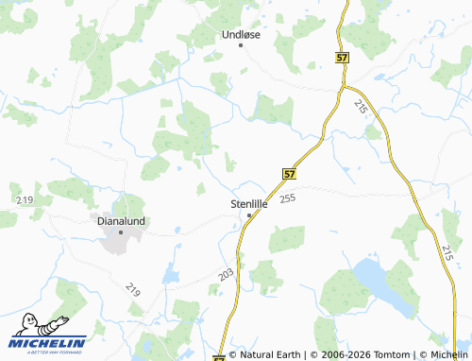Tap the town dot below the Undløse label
click(241, 45)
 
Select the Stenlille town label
click(250, 203)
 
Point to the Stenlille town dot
click(249, 215)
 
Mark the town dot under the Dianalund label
click(121, 232)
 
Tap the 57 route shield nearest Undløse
click(341, 58)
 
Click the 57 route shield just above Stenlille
click(289, 174)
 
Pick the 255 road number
click(288, 198)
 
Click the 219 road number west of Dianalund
click(25, 200)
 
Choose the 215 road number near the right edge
click(447, 251)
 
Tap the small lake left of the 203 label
click(170, 275)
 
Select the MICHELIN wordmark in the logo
click(48, 343)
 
